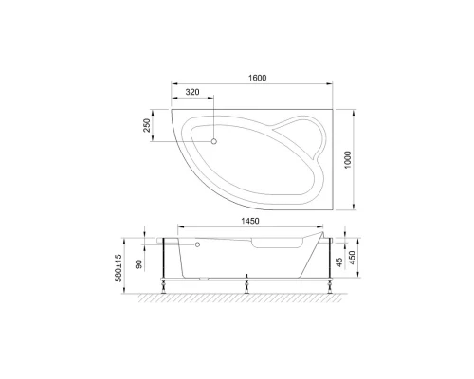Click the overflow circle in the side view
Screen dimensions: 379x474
[x=197, y=244]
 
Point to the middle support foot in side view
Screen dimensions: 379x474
[x=247, y=281]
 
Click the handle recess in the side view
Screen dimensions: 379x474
[x=267, y=246]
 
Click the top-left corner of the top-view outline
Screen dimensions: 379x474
[x=172, y=108]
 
